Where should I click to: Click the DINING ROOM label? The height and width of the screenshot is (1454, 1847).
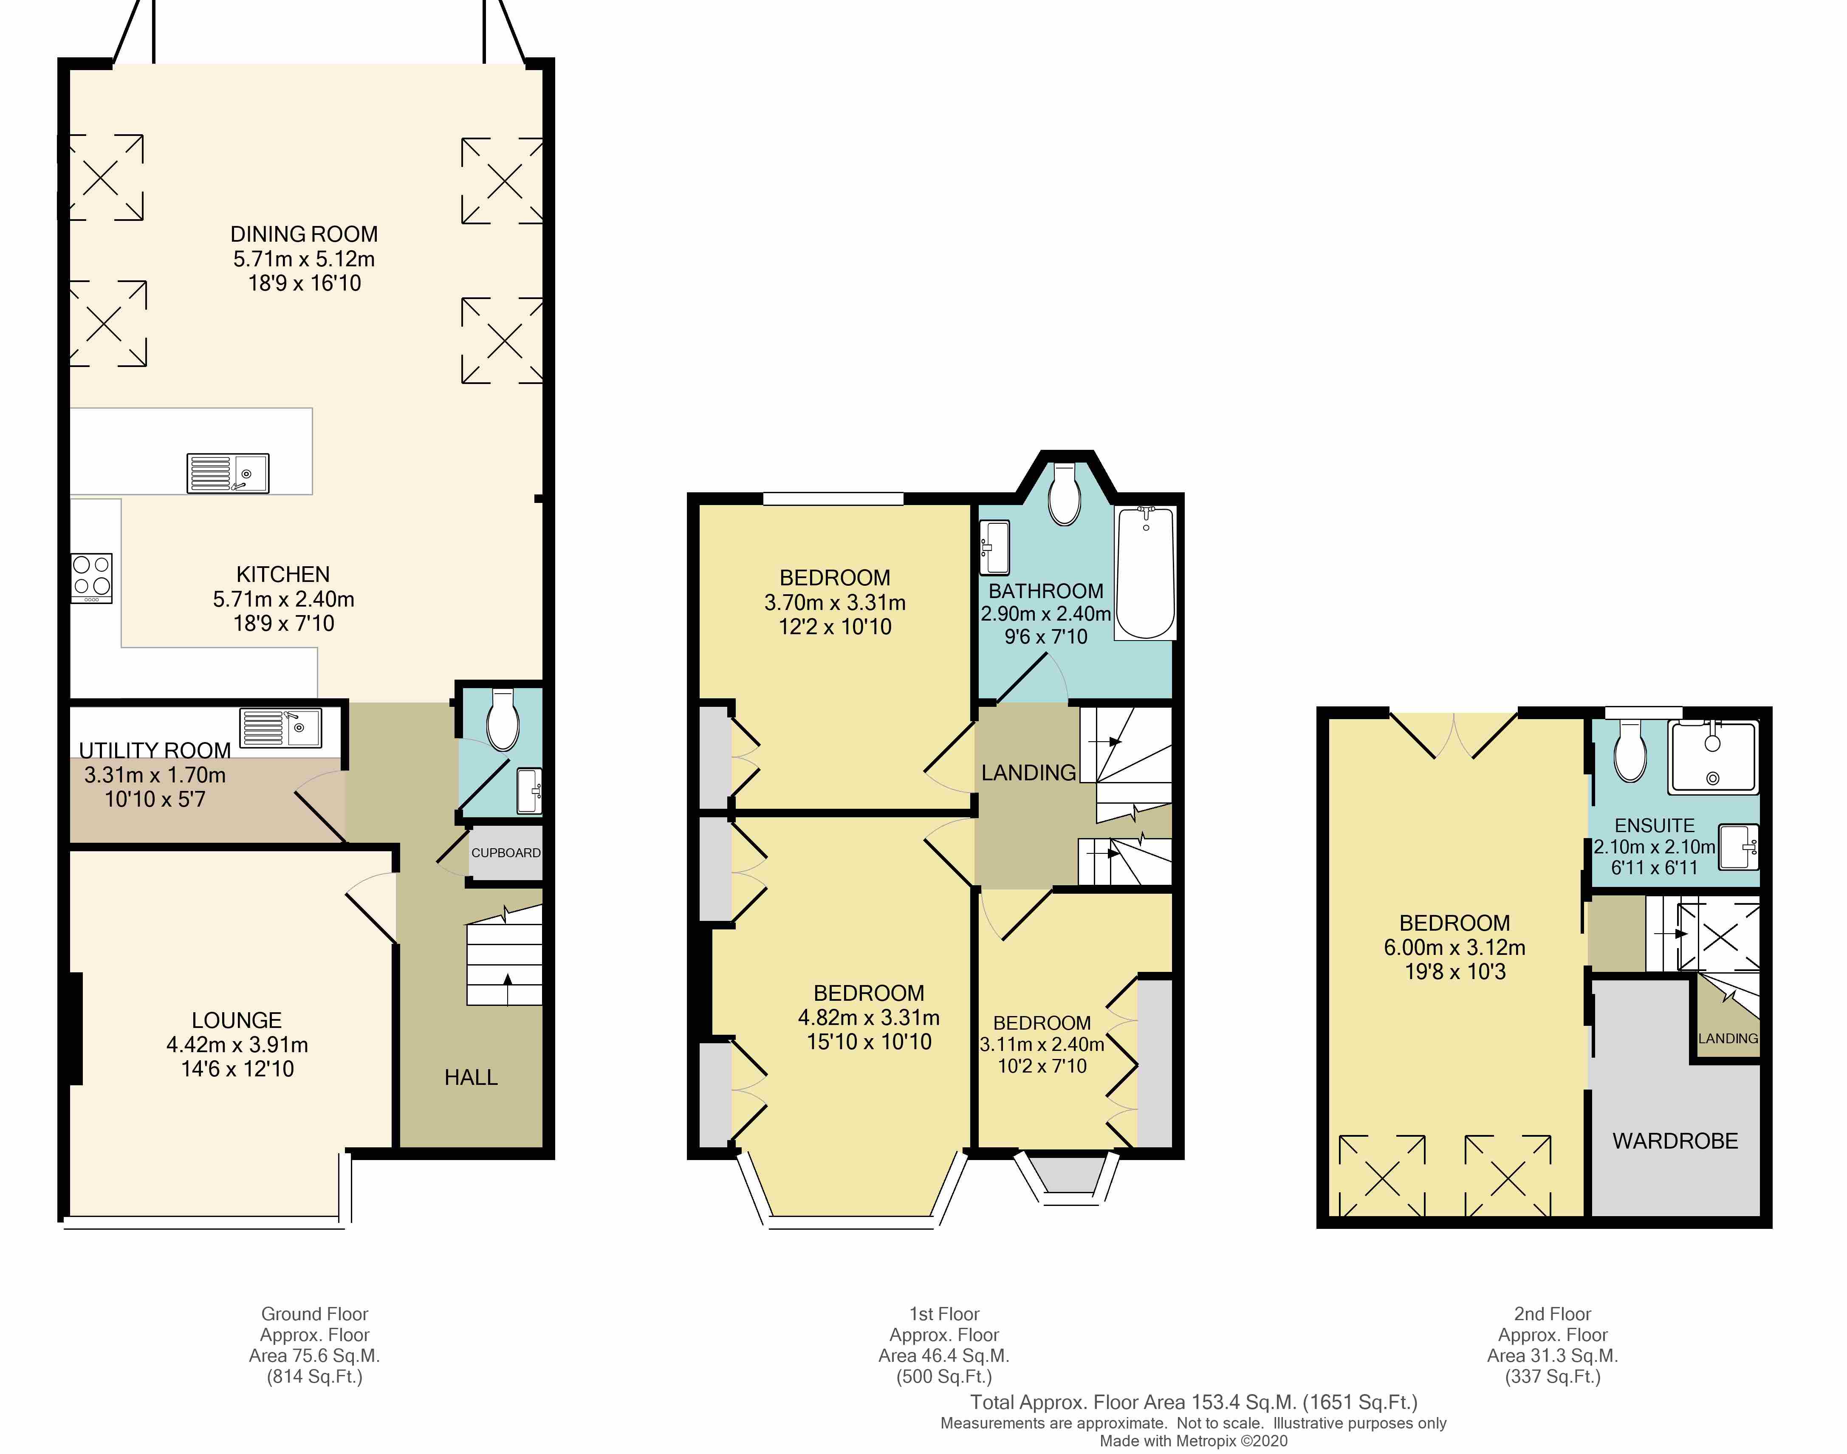tap(304, 234)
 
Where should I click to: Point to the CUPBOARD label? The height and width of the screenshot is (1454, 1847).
tap(506, 852)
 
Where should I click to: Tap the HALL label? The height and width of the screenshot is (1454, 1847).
tap(471, 1077)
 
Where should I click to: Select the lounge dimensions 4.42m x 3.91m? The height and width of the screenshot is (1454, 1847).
tap(237, 1045)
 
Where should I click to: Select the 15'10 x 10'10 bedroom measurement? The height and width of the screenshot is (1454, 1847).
tap(869, 1041)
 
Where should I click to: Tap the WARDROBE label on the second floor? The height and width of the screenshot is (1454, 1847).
tap(1675, 1141)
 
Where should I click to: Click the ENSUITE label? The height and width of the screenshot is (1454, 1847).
tap(1655, 825)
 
